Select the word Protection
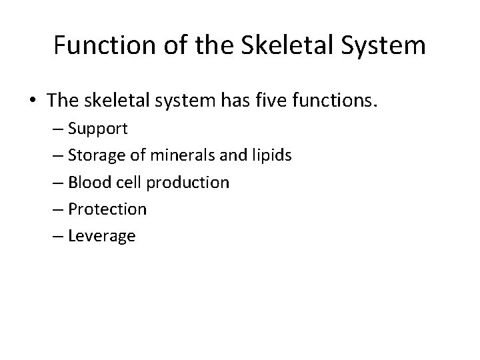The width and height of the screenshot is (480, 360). pos(107,209)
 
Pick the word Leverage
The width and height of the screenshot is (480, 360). pos(102,236)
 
